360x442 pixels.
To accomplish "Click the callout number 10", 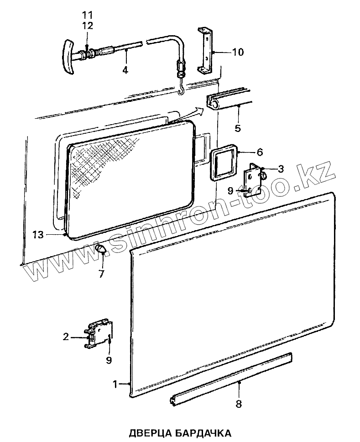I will pos(238,52).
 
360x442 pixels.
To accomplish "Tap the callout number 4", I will pos(125,70).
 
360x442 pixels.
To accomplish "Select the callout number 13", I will pos(38,235).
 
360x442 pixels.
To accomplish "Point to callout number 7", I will pos(101,274).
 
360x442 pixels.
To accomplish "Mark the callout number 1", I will pos(116,384).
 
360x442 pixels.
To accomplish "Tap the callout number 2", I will pos(66,337).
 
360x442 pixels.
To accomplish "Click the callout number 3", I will pos(281,168).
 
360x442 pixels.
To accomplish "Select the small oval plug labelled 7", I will pos(101,248).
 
